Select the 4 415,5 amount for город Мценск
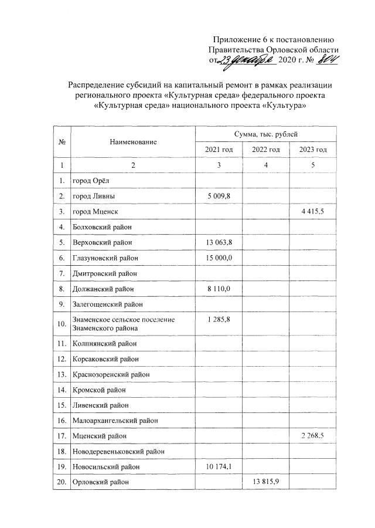[313, 211]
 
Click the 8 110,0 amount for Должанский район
[219, 288]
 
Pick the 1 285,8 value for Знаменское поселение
[219, 319]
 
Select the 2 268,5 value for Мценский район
[313, 436]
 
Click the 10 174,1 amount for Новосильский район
[219, 466]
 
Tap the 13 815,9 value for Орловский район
[266, 482]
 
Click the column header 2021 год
[219, 150]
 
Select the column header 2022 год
[266, 150]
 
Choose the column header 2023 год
[313, 150]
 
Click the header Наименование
[132, 142]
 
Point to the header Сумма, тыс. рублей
[265, 134]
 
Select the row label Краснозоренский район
[111, 374]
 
